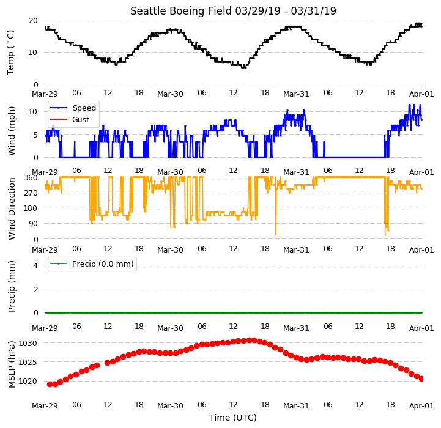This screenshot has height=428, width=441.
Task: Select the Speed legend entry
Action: (84, 108)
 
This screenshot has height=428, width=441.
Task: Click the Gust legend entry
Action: (81, 119)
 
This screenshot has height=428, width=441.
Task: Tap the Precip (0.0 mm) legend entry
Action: (103, 264)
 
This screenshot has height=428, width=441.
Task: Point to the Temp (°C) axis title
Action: (10, 53)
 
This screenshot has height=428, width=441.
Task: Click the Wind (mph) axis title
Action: (11, 131)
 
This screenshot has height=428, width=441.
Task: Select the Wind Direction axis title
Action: (11, 209)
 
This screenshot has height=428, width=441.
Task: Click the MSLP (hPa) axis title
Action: (11, 364)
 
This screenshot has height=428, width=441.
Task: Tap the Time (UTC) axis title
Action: (233, 418)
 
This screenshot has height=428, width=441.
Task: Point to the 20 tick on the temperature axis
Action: (33, 21)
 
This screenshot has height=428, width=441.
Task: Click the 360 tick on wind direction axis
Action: (31, 178)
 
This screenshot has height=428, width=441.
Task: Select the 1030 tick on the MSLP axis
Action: (28, 344)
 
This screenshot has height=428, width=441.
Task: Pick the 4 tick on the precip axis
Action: (35, 265)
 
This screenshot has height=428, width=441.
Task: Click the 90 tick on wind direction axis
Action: (33, 224)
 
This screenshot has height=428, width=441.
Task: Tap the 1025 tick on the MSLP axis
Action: (28, 362)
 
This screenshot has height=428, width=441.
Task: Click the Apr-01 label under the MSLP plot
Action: (421, 406)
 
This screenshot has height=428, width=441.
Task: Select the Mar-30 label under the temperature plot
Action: (170, 94)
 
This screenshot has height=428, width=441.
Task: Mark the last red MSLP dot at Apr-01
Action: (421, 379)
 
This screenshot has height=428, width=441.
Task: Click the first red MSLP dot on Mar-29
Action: (50, 384)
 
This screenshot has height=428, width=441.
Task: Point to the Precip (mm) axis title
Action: (11, 287)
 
